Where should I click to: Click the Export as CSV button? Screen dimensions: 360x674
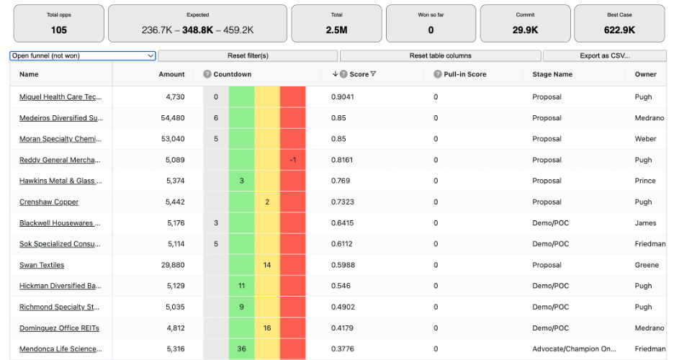604,55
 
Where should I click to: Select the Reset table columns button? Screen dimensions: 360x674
440,55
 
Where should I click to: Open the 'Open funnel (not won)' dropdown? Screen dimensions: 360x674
83,55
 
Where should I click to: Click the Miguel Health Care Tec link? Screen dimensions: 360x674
61,97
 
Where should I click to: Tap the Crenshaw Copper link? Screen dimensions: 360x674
49,202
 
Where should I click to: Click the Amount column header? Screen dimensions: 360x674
171,74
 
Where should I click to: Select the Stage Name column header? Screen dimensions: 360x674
552,74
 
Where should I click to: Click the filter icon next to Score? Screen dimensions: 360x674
373,74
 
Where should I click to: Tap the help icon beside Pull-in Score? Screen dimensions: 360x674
437,74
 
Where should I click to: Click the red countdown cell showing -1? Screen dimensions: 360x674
292,160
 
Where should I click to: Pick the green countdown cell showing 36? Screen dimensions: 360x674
241,349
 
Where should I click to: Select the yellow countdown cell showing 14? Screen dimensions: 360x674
267,265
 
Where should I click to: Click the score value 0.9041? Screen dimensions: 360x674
342,97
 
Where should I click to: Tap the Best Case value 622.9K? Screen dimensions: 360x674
619,30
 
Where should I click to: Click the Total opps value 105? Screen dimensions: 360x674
59,30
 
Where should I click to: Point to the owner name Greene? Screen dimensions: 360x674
647,265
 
